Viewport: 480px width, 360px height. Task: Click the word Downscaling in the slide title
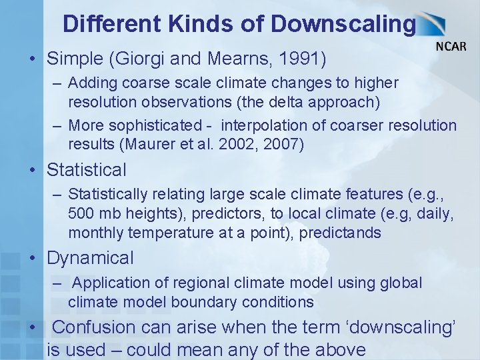(343, 24)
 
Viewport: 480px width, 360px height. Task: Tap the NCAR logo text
(451, 47)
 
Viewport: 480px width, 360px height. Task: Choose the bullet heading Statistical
(86, 170)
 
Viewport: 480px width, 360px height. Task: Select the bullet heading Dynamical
(90, 258)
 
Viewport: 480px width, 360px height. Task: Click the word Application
(111, 283)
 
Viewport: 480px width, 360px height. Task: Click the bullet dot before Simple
(32, 60)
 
